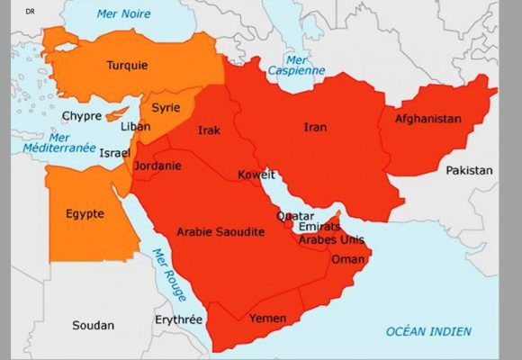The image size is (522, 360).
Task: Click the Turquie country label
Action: tap(127, 65)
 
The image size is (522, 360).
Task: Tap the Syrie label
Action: tap(166, 107)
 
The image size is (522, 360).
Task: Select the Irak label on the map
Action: tap(209, 130)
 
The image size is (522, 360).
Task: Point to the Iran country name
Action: tap(315, 127)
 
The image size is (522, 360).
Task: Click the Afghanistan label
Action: tap(427, 119)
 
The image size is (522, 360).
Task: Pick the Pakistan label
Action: tap(470, 170)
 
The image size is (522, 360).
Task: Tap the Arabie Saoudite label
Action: tap(220, 231)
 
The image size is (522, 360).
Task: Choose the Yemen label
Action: tap(267, 319)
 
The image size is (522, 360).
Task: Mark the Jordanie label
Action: tap(157, 166)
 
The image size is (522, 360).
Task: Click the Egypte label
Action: tap(85, 213)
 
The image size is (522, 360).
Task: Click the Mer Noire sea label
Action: tap(122, 13)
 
